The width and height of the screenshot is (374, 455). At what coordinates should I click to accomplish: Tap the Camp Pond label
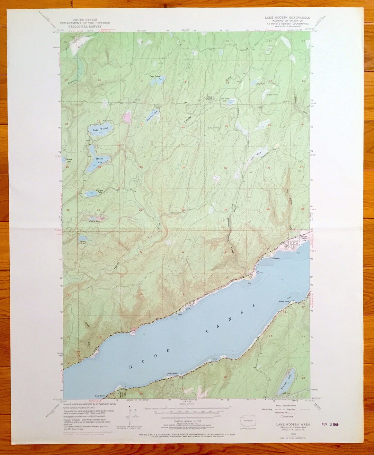click(x=260, y=84)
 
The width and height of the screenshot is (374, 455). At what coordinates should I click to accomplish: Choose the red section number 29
click(x=141, y=167)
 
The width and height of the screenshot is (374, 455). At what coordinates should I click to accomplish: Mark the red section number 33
click(x=183, y=210)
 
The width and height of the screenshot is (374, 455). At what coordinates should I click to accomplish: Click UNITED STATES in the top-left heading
click(x=85, y=20)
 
